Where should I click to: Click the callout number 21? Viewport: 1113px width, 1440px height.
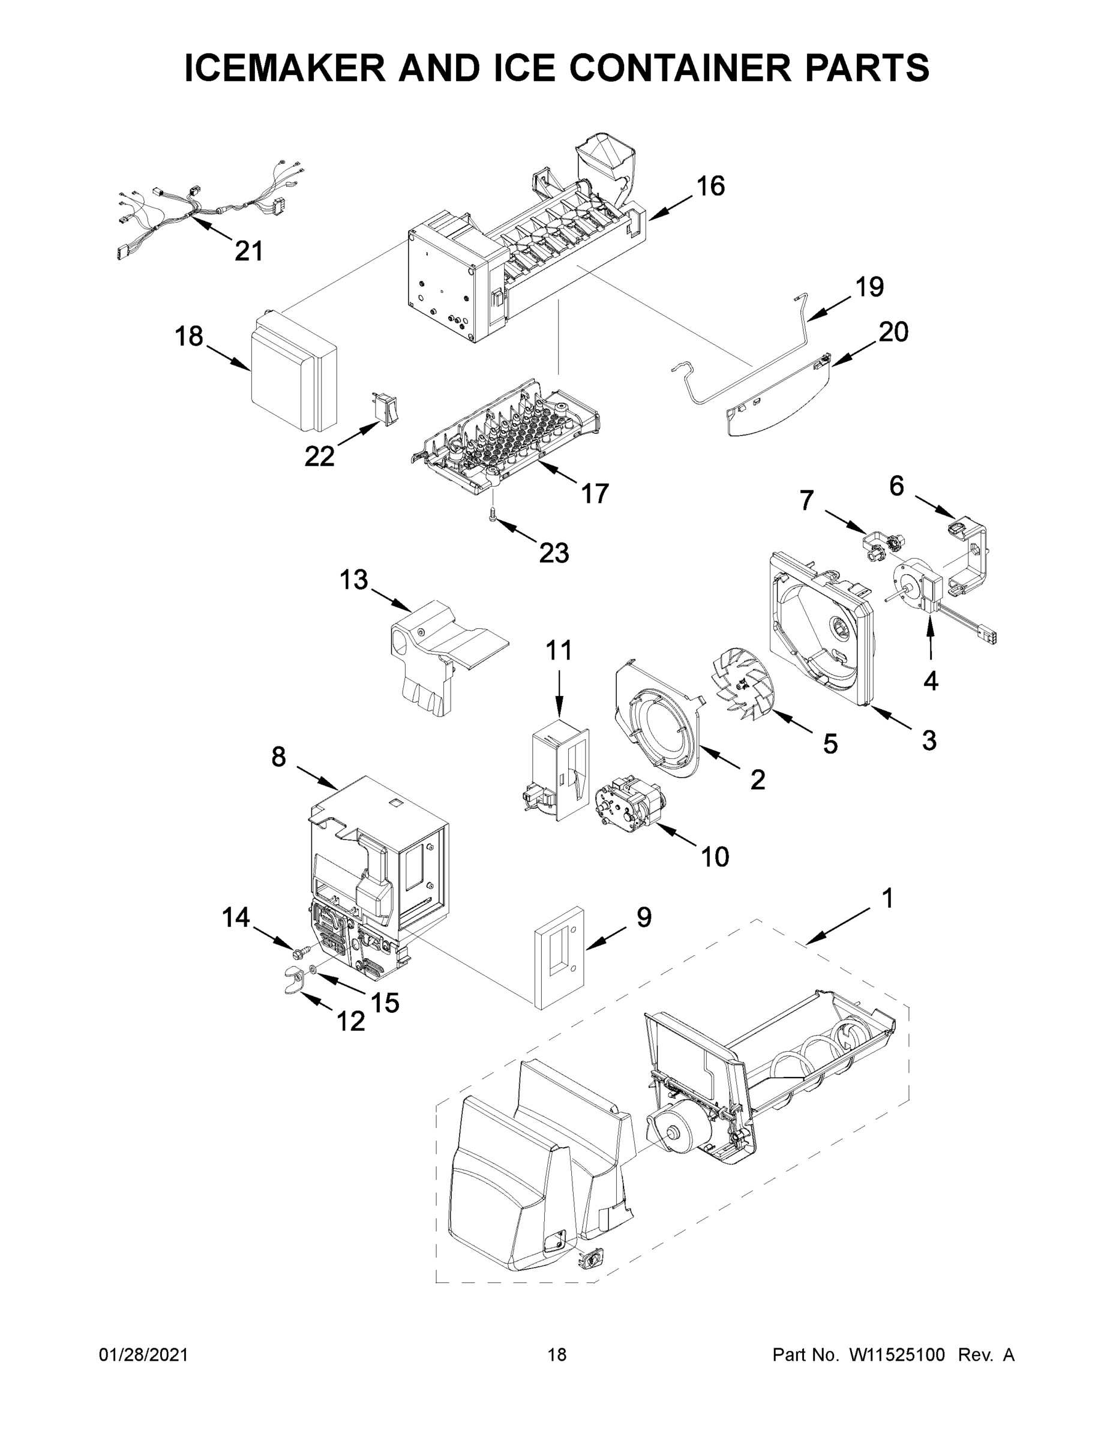(248, 251)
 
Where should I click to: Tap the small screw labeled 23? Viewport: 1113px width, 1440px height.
(493, 514)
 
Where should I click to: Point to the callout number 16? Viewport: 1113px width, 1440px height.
(711, 187)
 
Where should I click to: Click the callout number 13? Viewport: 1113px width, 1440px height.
(353, 580)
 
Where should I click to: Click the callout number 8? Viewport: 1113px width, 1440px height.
(278, 756)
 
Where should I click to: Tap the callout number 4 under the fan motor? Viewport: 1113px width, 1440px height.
(931, 681)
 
